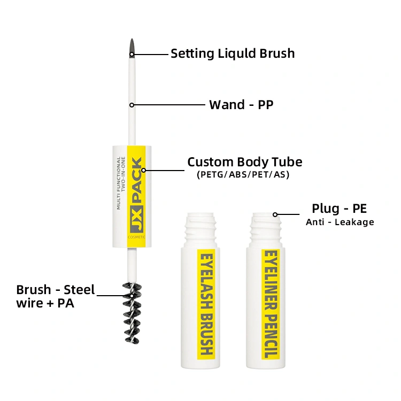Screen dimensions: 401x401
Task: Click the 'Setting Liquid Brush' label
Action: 233,53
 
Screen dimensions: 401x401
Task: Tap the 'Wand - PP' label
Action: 241,104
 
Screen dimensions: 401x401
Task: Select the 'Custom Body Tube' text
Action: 244,162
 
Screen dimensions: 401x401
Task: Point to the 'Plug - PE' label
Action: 339,208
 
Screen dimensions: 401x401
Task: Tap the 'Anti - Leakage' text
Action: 340,222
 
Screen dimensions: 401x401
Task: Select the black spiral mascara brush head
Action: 132,313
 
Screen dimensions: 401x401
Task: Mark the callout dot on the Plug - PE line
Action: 275,214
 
